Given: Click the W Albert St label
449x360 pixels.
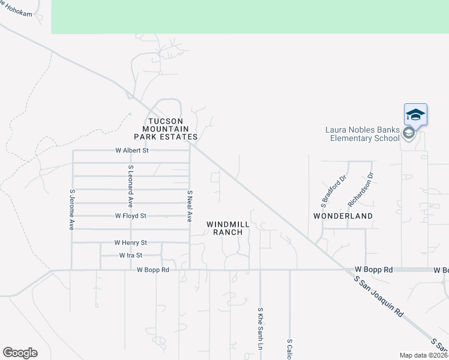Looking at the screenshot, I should (x=131, y=150).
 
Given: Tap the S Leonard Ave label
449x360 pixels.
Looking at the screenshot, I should (x=130, y=183).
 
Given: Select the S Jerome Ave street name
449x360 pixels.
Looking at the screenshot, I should (x=71, y=210).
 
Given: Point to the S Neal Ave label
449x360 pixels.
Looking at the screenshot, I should (x=189, y=206).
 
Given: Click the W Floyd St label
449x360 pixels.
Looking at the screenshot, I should (x=131, y=215).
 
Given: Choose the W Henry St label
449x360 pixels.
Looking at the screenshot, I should (x=130, y=242).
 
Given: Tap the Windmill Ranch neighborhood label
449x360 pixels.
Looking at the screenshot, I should (x=228, y=228).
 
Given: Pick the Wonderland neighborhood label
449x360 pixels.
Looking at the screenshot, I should (x=343, y=215).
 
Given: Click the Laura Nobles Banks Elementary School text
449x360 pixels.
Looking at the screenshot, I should (x=362, y=134).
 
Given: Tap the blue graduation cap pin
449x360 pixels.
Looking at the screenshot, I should (x=415, y=114).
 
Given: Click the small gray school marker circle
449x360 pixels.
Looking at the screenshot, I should (x=409, y=133).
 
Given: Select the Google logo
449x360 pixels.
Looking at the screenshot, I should (x=20, y=353).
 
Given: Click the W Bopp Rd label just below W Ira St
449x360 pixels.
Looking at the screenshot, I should (x=153, y=270).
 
